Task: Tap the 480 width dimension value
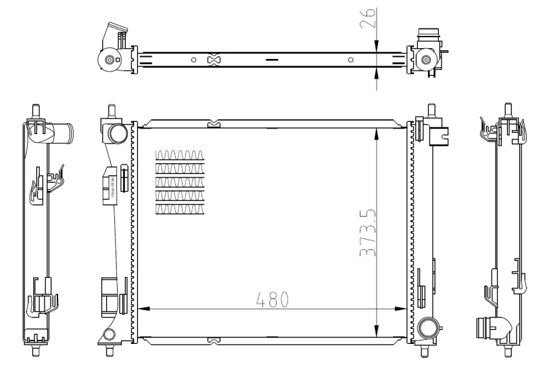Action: [x=272, y=299]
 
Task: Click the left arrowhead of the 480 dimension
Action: [x=142, y=309]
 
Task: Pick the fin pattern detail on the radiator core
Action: [x=179, y=181]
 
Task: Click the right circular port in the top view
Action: [x=426, y=60]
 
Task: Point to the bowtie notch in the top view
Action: [x=214, y=60]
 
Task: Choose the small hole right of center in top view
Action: [x=350, y=60]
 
